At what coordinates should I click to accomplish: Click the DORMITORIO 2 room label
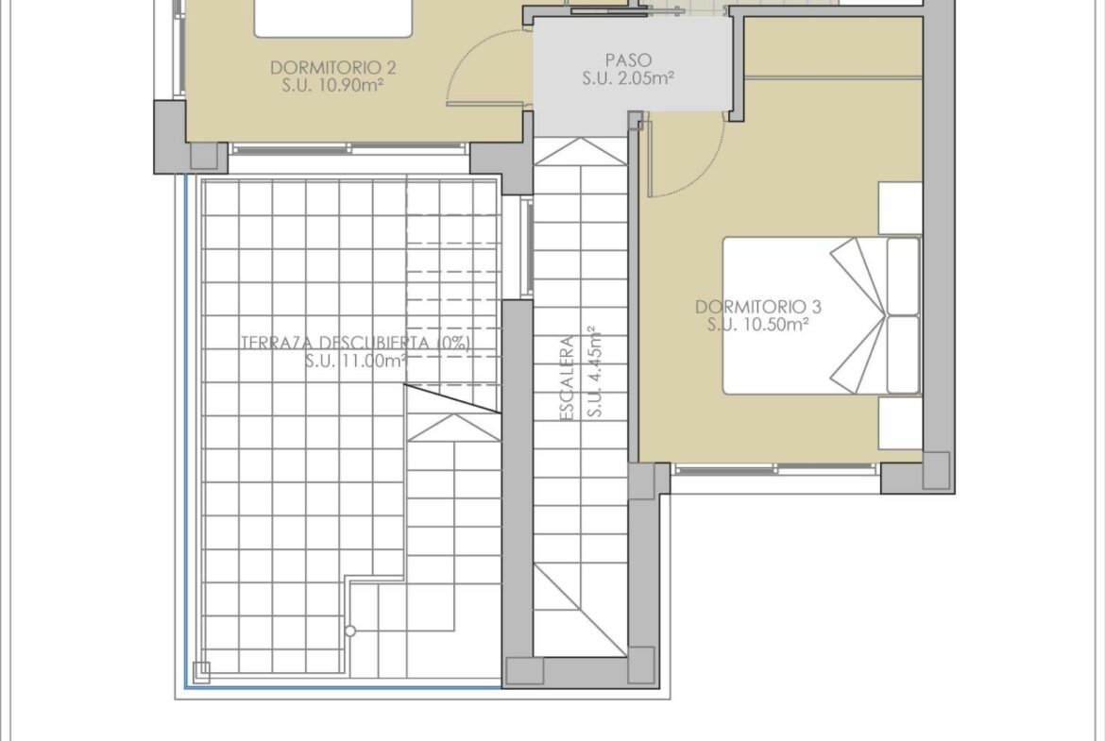[332, 68]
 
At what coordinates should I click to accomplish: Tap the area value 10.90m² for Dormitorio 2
[348, 86]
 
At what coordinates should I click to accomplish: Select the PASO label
[628, 60]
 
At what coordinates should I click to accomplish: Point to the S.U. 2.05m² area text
[628, 78]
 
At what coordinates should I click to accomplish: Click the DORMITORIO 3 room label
[758, 307]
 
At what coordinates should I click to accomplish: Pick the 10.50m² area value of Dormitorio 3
[773, 325]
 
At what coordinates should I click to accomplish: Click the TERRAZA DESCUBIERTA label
[356, 343]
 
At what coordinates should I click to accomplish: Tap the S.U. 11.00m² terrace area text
[356, 361]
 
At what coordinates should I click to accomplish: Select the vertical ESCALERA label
[568, 379]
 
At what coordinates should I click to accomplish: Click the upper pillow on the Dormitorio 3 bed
[903, 276]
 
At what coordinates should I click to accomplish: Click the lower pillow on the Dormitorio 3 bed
[903, 354]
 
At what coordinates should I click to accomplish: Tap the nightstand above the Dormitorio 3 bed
[901, 208]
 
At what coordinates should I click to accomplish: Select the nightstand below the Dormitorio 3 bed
[901, 421]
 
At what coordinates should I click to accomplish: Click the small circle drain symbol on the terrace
[350, 632]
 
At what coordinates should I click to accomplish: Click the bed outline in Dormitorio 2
[332, 18]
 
